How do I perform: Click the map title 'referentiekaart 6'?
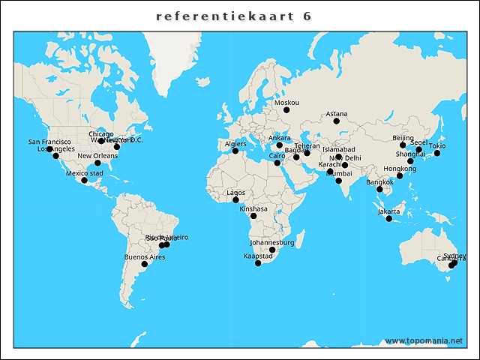pos(235,16)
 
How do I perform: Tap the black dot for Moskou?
pos(286,110)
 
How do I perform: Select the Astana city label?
pos(337,114)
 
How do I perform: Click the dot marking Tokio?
pos(437,154)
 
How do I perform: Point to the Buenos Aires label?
pos(145,257)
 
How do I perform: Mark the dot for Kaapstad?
pos(258,263)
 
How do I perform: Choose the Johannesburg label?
pos(272,243)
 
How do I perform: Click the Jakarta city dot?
pos(389,218)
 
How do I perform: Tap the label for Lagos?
pos(235,193)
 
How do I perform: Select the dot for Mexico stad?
pos(85,180)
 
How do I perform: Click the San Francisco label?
pos(49,142)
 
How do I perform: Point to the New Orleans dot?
pos(97,163)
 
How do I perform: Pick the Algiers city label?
pos(235,144)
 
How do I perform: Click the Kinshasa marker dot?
pos(253,216)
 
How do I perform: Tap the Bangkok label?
pos(379,182)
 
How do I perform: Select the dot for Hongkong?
pos(400,175)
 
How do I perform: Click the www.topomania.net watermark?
pos(424,340)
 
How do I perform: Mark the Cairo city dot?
pos(277,163)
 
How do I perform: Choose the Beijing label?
pos(403,138)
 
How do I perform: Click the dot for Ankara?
pos(280,145)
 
